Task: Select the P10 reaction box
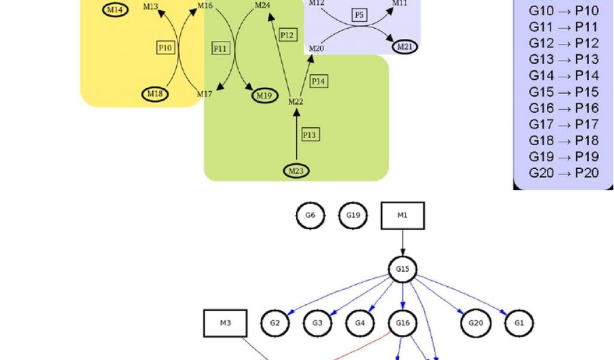coord(165,47)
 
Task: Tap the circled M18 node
coord(155,94)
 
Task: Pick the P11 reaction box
coord(221,49)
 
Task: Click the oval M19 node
coord(264,95)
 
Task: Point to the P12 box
coord(288,35)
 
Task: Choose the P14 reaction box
coord(319,81)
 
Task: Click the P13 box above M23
coord(309,135)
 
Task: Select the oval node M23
coord(296,171)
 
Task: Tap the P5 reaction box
coord(359,15)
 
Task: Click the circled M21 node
coord(405,46)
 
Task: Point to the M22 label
coord(296,102)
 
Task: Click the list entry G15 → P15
coord(564,92)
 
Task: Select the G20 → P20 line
coord(564,173)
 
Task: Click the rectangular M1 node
coord(402,216)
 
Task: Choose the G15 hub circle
coord(402,269)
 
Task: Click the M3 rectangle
coord(225,323)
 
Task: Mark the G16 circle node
coord(402,323)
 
